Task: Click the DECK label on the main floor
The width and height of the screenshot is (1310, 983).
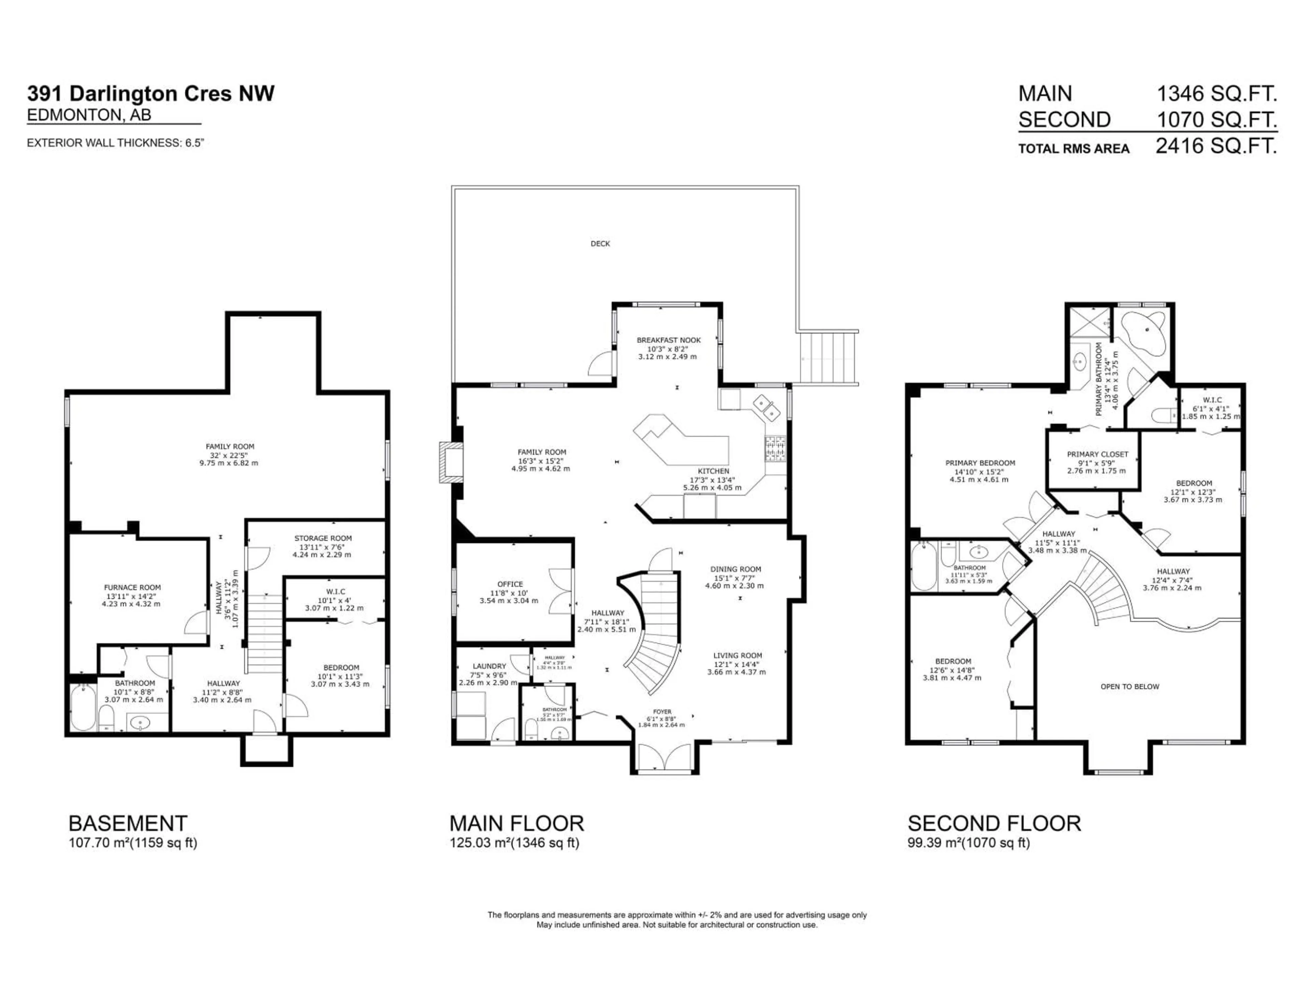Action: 600,243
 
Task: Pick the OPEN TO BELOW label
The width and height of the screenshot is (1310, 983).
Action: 1130,687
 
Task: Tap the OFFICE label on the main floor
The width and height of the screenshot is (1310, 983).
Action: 510,584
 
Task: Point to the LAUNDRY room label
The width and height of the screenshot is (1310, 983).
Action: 489,666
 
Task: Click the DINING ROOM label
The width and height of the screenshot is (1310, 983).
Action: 736,569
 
